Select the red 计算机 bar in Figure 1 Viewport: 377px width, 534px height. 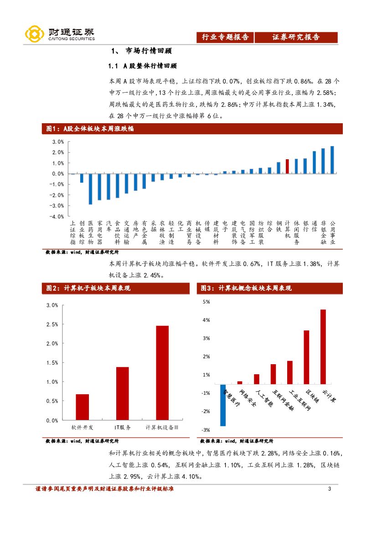(x=287, y=166)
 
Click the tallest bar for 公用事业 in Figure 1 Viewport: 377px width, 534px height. (x=332, y=160)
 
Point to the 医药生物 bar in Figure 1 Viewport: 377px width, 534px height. (x=90, y=188)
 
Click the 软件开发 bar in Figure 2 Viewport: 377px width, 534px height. (x=82, y=407)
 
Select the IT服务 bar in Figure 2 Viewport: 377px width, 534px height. (x=122, y=393)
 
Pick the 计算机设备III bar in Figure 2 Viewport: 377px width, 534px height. (x=162, y=372)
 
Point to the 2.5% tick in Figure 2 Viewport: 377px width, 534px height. (x=52, y=324)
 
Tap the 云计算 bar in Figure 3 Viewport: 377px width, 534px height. (x=323, y=347)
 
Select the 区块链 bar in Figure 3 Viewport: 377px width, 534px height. (x=306, y=357)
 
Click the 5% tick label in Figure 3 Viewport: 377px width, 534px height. (x=206, y=302)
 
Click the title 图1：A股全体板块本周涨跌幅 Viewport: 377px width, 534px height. (x=90, y=129)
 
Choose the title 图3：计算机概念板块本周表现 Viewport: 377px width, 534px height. (x=246, y=288)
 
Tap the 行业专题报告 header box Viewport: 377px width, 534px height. (x=225, y=37)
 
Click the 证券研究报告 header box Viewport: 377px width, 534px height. (x=296, y=37)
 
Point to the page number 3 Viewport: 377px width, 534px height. (x=329, y=490)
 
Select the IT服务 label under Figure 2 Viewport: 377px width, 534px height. (x=122, y=428)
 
